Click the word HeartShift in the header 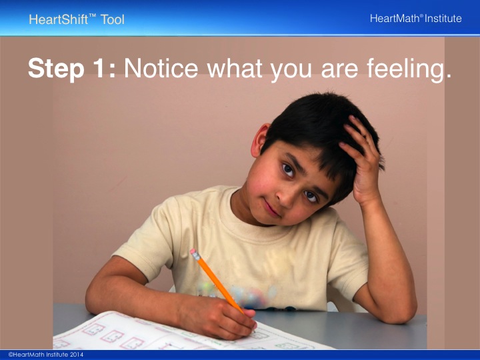59,19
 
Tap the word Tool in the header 113,19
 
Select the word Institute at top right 443,19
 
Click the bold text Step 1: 71,68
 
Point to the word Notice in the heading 161,67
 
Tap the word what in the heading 235,67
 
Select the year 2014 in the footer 76,355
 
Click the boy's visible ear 259,140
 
